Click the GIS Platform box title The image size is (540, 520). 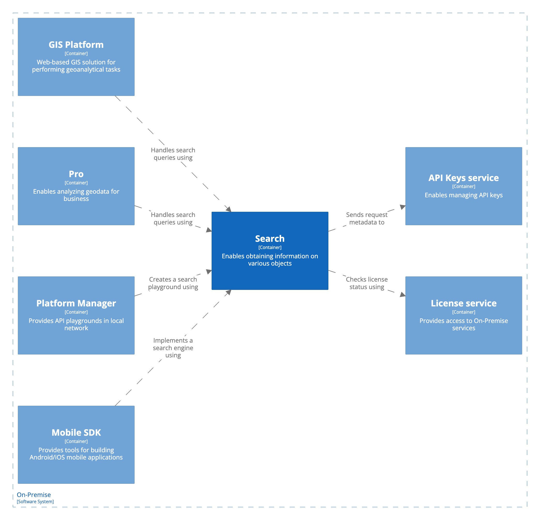click(76, 45)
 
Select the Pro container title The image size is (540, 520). click(76, 174)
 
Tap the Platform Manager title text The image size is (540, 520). click(76, 303)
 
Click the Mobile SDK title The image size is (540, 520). click(76, 433)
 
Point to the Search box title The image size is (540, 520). click(270, 239)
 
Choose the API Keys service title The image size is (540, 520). click(464, 178)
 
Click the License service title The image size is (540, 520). click(464, 303)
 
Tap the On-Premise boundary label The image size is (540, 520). click(34, 495)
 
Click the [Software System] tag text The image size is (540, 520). click(35, 502)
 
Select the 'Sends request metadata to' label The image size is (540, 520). click(367, 218)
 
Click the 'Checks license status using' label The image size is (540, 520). click(367, 283)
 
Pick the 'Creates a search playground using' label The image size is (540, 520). click(173, 283)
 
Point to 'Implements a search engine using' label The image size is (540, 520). click(173, 348)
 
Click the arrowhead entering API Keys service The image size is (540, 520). click(403, 207)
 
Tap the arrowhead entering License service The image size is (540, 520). click(403, 295)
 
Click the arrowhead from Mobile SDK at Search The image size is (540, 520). click(228, 292)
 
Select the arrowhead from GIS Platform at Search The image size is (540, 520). click(228, 209)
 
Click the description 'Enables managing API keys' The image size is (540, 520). click(464, 195)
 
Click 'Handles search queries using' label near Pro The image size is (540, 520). click(173, 218)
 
